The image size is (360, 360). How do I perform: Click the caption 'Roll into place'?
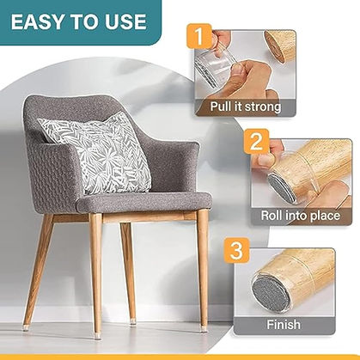tap(301, 217)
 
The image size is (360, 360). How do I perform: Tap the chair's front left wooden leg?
tap(96, 266)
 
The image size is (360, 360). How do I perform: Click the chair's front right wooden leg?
tap(204, 266)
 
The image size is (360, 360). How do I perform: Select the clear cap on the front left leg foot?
tap(96, 325)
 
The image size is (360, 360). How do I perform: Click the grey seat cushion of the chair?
tap(142, 202)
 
